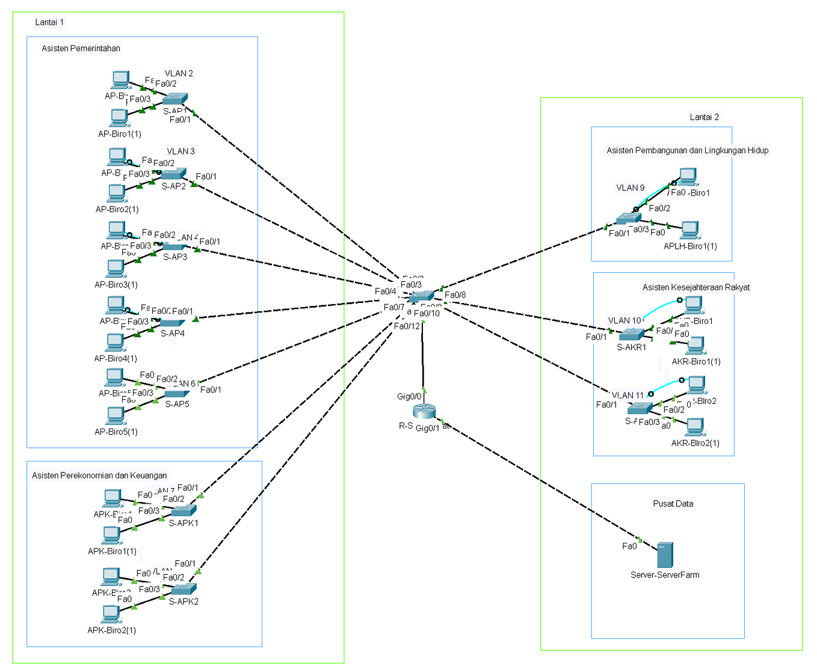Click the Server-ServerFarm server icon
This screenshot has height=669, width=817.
(x=665, y=555)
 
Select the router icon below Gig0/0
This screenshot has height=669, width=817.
(x=424, y=411)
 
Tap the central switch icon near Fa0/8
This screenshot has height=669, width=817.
(x=421, y=296)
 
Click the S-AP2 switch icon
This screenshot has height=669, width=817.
(x=173, y=174)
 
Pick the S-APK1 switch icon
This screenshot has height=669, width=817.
(x=183, y=511)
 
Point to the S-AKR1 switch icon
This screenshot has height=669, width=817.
(x=631, y=335)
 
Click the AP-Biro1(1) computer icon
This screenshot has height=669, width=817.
(x=119, y=118)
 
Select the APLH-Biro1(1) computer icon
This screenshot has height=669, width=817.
(x=689, y=230)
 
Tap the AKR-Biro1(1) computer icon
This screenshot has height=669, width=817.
(x=696, y=346)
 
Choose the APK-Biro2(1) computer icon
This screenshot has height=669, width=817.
(x=111, y=614)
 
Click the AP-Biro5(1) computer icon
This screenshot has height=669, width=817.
(x=115, y=416)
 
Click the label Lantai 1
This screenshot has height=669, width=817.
(x=49, y=22)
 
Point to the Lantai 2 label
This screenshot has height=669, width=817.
(x=704, y=117)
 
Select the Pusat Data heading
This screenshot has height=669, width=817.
(x=673, y=504)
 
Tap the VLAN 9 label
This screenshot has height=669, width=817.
(x=630, y=188)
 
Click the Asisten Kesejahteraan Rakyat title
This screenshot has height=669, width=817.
(x=695, y=287)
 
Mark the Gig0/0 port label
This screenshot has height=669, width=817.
(x=409, y=396)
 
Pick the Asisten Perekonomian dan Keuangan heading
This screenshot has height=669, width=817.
(x=99, y=475)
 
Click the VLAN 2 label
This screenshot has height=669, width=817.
(x=179, y=73)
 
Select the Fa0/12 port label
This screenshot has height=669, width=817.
(x=407, y=326)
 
